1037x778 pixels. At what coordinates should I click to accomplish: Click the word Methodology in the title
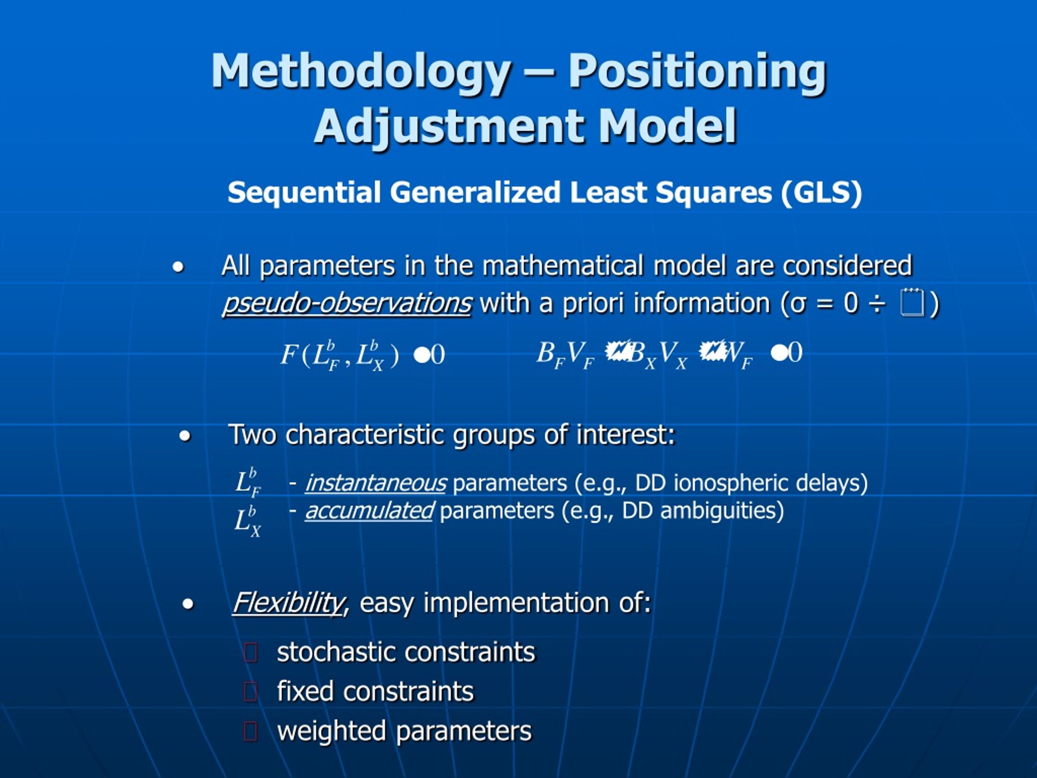(x=360, y=71)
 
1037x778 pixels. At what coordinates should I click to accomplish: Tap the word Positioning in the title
(x=697, y=71)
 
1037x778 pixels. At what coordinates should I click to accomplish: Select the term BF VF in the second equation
(x=565, y=355)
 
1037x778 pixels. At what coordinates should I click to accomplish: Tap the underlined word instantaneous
(x=376, y=483)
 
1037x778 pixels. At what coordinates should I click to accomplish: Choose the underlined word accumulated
(x=369, y=511)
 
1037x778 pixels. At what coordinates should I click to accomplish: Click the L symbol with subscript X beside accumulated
(x=247, y=521)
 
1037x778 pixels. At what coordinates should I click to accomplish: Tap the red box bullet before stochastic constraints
(x=251, y=653)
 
